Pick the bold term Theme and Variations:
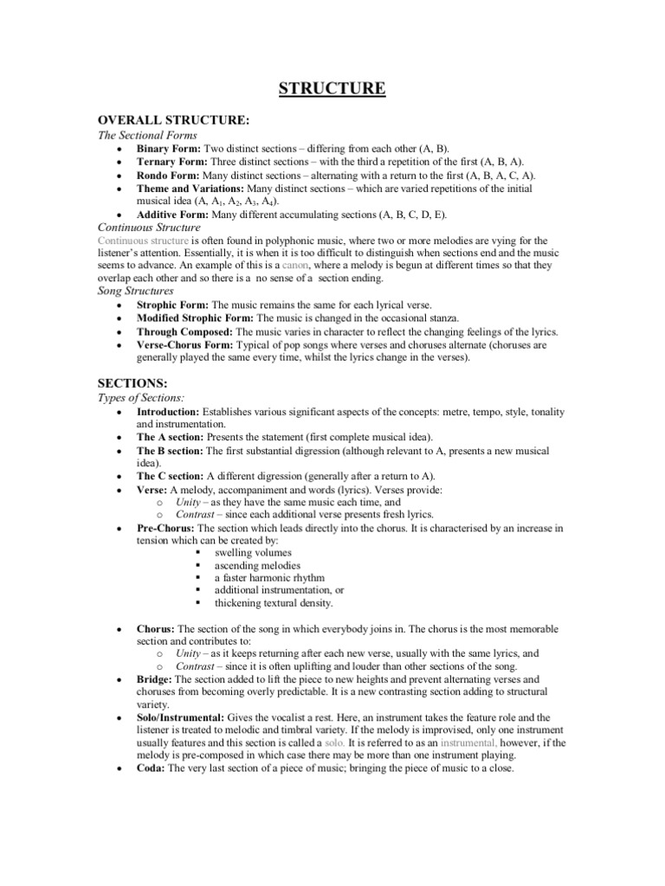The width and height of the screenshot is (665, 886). [190, 188]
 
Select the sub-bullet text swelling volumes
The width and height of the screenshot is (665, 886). [254, 551]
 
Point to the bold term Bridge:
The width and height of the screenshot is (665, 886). [155, 680]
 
